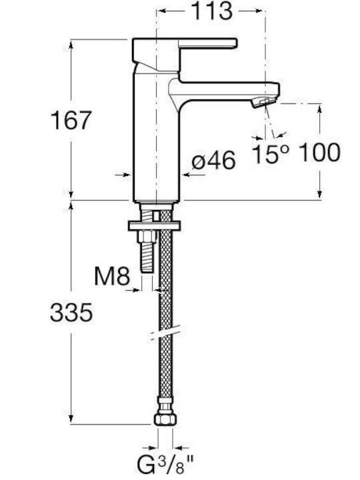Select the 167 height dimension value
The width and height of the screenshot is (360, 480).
[x=71, y=120]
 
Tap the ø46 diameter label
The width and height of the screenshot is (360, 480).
[x=214, y=160]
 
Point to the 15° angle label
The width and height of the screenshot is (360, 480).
[x=271, y=153]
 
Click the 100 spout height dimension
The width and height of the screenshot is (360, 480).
[x=319, y=152]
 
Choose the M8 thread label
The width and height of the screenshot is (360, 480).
[x=112, y=276]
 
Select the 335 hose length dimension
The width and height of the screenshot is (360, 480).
[x=71, y=312]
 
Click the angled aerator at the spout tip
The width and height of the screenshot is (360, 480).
[x=263, y=101]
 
